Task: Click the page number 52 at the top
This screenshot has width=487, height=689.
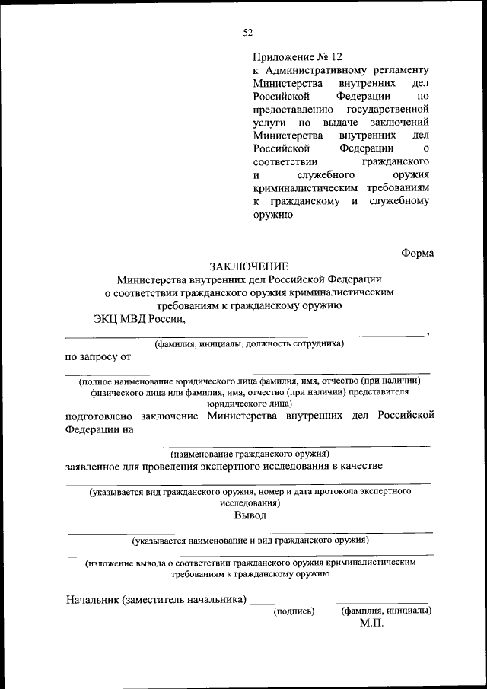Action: coord(248,32)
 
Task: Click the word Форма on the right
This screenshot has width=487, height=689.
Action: coord(418,253)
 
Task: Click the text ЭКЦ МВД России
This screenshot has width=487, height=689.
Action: coord(138,319)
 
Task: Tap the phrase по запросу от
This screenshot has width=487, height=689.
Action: coord(99,356)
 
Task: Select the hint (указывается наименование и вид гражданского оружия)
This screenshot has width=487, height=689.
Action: coord(250,541)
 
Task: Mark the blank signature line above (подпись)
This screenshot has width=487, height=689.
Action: coord(289,604)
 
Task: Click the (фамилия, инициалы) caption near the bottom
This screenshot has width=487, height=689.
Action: coord(387,611)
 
